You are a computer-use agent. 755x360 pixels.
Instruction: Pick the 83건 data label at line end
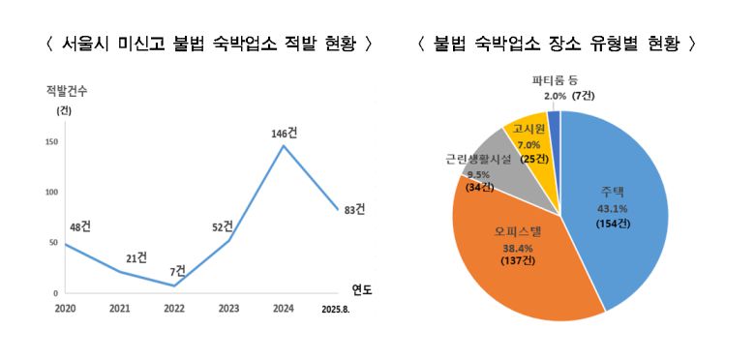point(355,208)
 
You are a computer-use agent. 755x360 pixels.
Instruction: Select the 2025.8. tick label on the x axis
point(340,312)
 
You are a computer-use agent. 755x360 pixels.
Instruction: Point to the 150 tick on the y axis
point(50,142)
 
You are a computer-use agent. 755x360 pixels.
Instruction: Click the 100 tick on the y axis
point(50,192)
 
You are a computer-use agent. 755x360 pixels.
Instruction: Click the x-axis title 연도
point(361,288)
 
